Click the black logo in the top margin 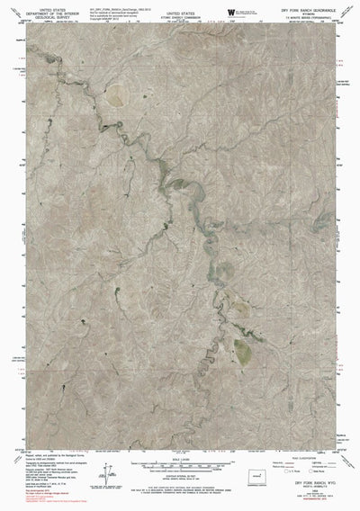231,10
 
